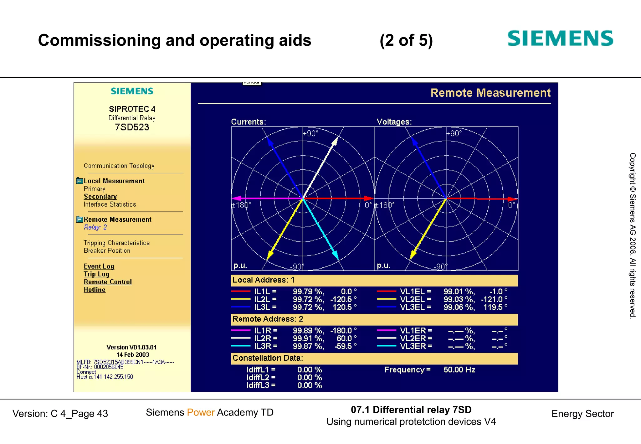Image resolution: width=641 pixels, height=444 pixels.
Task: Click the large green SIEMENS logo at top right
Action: (560, 39)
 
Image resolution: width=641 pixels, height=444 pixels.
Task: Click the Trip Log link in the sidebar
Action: (96, 274)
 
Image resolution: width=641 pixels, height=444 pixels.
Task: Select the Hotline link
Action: (94, 290)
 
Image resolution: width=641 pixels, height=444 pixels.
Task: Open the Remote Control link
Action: (108, 282)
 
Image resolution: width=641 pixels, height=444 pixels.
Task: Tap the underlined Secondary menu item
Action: (100, 196)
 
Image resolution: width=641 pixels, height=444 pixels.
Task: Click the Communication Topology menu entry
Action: (119, 166)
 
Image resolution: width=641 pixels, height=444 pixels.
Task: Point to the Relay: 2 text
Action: (95, 227)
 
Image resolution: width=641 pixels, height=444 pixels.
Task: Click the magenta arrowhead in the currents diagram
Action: (237, 198)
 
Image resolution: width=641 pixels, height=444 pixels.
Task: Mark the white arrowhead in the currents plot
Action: (335, 141)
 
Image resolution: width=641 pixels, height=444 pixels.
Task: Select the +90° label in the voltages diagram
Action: (454, 133)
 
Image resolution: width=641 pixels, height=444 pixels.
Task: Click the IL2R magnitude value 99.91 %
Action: (308, 338)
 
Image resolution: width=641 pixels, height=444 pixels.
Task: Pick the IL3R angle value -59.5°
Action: (346, 346)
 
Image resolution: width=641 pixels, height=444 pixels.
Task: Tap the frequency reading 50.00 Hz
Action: (459, 370)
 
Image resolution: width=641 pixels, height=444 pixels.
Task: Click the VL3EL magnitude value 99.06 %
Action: (459, 307)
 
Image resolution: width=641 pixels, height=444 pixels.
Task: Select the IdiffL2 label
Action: (261, 378)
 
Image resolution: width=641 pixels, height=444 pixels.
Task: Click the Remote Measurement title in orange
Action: (490, 93)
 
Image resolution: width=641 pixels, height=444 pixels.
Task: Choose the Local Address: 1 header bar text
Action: (263, 280)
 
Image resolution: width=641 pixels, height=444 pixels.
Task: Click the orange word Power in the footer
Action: (201, 412)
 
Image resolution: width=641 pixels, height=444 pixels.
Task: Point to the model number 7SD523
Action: (132, 127)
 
